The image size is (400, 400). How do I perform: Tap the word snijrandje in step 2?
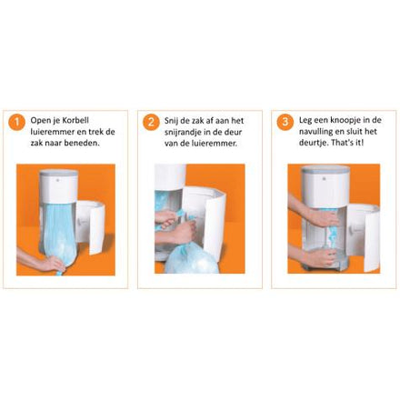point(186,132)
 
